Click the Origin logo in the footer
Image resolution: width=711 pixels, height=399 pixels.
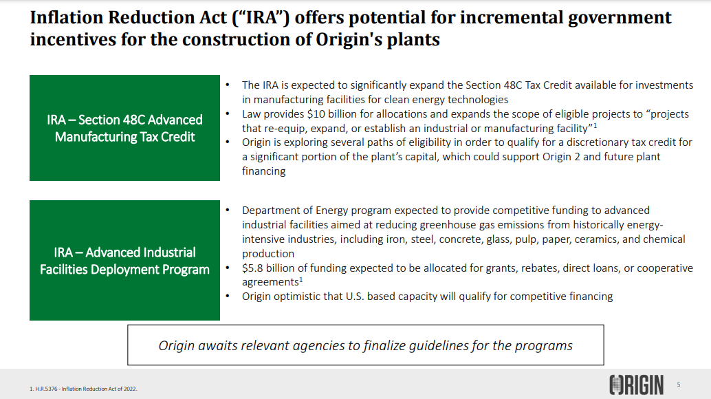[x=636, y=385]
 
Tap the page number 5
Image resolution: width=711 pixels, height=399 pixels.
[x=679, y=385]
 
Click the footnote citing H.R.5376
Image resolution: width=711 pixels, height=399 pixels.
[x=83, y=389]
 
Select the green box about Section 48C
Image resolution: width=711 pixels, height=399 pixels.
[x=124, y=128]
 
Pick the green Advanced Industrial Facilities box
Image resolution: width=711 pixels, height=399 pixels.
[x=124, y=260]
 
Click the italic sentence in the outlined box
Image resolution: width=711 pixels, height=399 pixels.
[x=366, y=345]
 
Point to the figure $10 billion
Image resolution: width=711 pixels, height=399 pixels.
[x=322, y=114]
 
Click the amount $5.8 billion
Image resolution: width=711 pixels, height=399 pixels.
[x=268, y=268]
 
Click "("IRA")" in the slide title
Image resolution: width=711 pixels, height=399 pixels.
[x=261, y=18]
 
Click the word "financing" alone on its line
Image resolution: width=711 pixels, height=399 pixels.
[x=264, y=171]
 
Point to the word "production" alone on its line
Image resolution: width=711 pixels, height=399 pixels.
[x=268, y=253]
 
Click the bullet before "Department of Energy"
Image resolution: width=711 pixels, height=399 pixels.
[x=228, y=210]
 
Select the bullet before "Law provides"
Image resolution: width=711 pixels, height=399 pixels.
[x=228, y=114]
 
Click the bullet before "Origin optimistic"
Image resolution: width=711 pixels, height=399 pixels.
[x=228, y=296]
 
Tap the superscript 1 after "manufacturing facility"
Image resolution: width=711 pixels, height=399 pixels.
[x=595, y=125]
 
